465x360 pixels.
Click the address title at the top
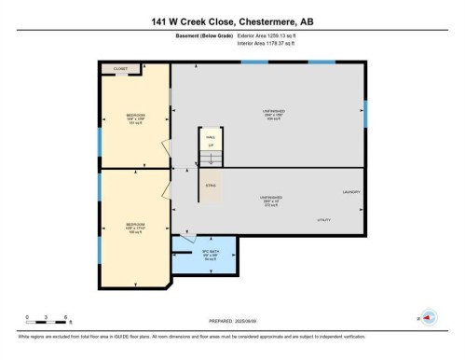click(232, 20)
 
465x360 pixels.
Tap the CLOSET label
click(121, 68)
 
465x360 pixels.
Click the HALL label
click(211, 136)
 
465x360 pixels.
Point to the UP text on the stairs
click(211, 145)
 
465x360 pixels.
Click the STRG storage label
click(211, 186)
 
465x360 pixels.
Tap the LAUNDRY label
click(351, 192)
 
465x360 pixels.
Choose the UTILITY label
click(324, 220)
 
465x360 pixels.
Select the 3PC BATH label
click(211, 253)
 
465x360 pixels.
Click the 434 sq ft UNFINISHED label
click(272, 115)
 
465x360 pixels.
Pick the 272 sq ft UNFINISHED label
click(272, 200)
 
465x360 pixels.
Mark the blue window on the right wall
click(365, 113)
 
